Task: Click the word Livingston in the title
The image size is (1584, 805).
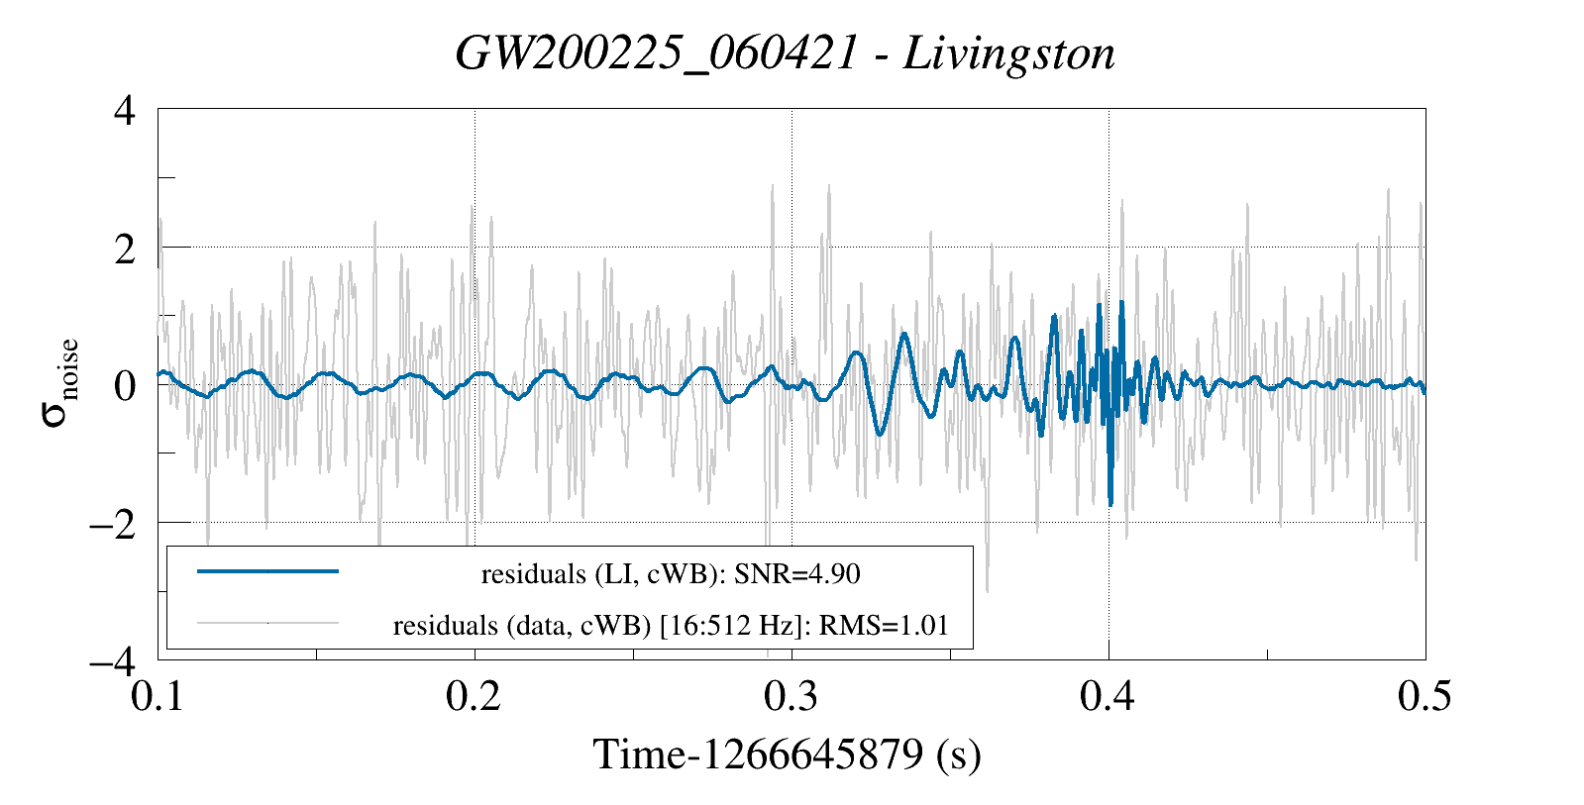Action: (1008, 53)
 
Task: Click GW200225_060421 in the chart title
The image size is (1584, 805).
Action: (655, 53)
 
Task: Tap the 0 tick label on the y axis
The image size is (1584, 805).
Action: (124, 385)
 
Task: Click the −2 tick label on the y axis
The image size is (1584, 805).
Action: (112, 523)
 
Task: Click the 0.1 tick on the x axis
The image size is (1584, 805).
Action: (158, 696)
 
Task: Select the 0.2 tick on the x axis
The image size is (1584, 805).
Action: (475, 696)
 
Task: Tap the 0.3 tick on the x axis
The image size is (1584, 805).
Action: (792, 696)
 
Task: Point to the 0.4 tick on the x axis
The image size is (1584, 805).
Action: (1108, 696)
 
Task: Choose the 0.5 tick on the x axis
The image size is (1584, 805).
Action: (1425, 696)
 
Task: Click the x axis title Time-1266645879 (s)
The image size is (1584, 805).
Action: (787, 755)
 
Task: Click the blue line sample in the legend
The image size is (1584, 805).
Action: (268, 571)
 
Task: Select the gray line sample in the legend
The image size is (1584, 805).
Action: (268, 624)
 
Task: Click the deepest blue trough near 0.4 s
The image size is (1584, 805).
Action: (1110, 504)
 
